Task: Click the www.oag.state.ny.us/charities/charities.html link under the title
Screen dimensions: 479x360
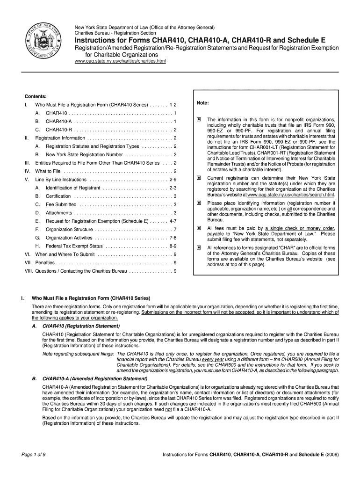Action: tap(120, 61)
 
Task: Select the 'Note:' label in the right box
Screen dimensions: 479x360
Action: tap(202, 103)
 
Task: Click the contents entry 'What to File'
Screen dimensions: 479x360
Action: tap(48, 171)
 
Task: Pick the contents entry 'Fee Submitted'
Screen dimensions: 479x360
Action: tap(61, 204)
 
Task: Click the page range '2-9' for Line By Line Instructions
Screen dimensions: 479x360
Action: tap(173, 180)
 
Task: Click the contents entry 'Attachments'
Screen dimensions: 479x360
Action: tap(59, 213)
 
